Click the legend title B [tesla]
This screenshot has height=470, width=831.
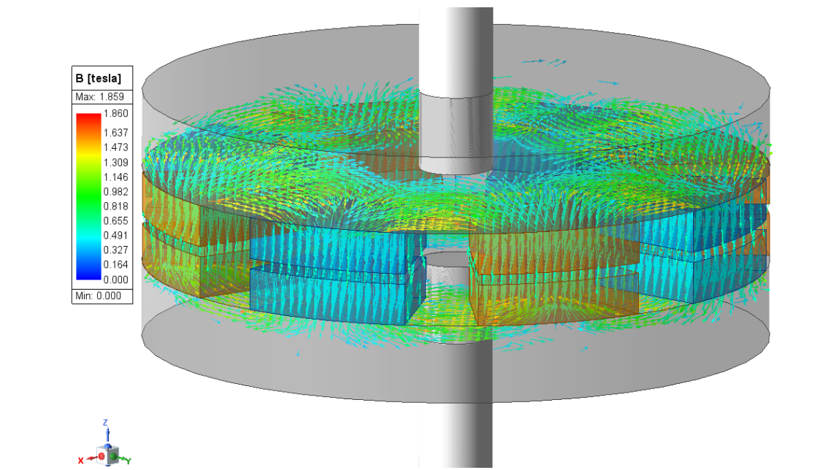99,78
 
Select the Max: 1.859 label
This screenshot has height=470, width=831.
99,97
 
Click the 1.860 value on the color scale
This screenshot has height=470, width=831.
116,114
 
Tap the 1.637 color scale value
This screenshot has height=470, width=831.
116,133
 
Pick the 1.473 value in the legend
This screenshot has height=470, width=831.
116,147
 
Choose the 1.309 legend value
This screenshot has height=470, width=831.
116,162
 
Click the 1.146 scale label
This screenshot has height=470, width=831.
116,177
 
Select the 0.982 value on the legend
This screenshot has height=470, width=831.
116,192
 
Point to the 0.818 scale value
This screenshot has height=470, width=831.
116,207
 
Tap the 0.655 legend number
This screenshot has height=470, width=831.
116,221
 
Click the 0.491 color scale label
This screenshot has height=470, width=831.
116,236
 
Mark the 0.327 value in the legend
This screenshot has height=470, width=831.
116,250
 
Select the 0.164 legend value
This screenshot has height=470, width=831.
116,265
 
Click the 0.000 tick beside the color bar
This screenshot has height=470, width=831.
116,280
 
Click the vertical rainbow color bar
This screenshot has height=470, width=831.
88,197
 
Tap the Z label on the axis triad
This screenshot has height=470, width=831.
106,423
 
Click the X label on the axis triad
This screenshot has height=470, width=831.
81,460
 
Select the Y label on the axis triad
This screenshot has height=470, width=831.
129,461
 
